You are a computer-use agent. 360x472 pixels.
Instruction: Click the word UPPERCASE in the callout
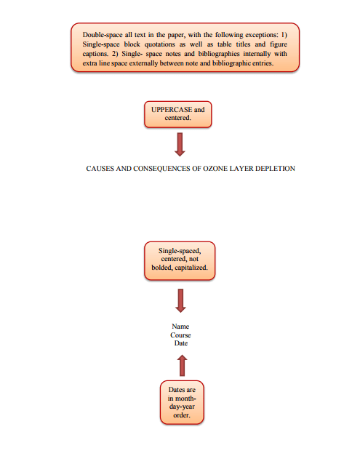click(x=172, y=110)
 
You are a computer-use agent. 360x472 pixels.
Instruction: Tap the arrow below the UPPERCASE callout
click(x=180, y=145)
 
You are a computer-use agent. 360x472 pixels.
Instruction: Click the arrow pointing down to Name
click(x=180, y=300)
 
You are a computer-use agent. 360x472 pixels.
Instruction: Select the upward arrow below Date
click(x=182, y=365)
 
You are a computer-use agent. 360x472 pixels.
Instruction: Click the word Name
click(x=180, y=327)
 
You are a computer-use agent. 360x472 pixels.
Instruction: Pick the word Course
click(x=180, y=335)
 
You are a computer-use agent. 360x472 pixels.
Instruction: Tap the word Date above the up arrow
click(x=181, y=343)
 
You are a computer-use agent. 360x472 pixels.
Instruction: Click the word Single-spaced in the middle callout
click(x=180, y=251)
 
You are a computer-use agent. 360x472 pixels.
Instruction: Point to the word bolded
click(x=162, y=268)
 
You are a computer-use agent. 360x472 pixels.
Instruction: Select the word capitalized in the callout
click(x=191, y=268)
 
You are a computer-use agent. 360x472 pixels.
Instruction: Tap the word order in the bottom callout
click(x=182, y=415)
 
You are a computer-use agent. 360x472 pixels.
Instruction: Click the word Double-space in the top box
click(x=103, y=35)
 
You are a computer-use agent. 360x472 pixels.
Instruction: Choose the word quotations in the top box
click(x=159, y=44)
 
